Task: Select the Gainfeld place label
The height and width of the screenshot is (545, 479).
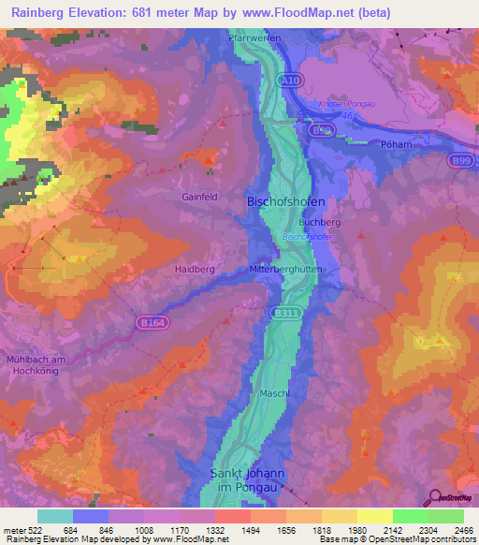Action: coord(201,197)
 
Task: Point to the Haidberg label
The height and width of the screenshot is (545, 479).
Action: coord(195,269)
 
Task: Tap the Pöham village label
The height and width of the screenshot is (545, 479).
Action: coord(398,145)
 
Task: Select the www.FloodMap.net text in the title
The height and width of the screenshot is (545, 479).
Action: coord(302,12)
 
